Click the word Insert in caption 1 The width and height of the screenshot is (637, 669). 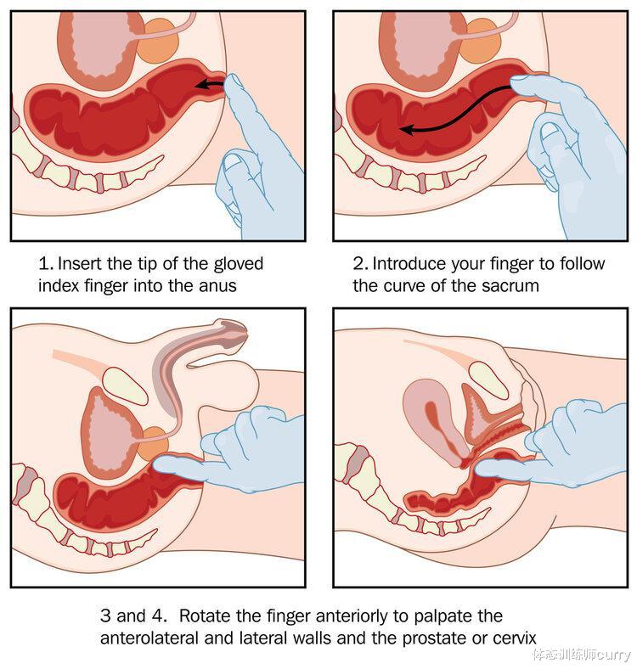(81, 264)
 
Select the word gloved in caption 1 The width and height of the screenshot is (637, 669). (238, 264)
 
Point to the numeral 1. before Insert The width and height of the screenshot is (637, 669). (46, 264)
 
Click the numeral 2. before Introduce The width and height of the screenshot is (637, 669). (361, 264)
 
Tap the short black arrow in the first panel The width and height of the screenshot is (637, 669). (209, 84)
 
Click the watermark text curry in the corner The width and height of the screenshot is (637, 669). (614, 654)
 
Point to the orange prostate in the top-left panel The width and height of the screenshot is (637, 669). (159, 42)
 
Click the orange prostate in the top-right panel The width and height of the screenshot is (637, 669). (482, 42)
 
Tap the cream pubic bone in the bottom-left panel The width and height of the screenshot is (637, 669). (125, 386)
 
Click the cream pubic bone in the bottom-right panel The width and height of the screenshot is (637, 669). (490, 380)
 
